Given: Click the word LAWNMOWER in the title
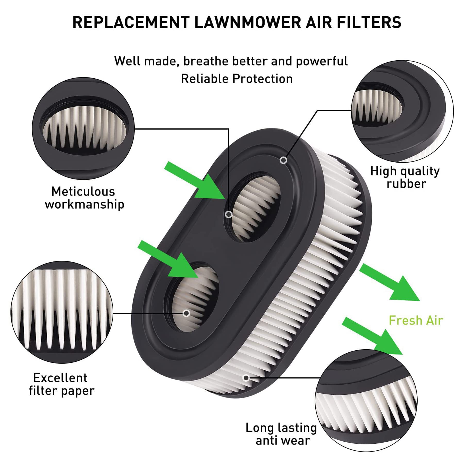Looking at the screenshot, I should click(x=247, y=22).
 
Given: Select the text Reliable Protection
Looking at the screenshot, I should click(x=237, y=79).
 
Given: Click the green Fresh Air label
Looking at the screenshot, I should click(x=416, y=320).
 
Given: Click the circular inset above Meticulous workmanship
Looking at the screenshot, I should click(x=83, y=128).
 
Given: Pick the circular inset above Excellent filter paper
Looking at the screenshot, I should click(x=62, y=312).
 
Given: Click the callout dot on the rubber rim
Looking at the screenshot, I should click(x=283, y=161).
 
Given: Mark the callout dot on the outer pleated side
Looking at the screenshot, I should click(x=246, y=378).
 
